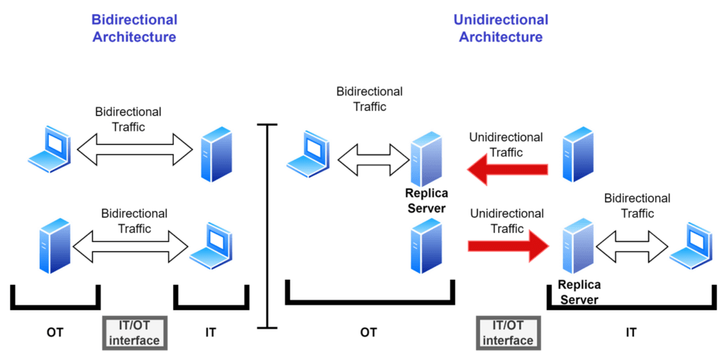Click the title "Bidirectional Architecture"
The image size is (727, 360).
coord(133,28)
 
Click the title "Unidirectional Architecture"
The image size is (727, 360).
coord(501,28)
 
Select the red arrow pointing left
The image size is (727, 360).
coord(507,170)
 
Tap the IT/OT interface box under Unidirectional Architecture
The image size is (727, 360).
coord(507,333)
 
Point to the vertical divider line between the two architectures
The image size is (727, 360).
coord(267,226)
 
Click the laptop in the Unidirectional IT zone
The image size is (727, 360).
coord(691,246)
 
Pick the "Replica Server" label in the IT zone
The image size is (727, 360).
coord(579,292)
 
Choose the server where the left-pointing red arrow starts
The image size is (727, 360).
coord(578,154)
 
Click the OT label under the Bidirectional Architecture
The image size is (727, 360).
coord(55,332)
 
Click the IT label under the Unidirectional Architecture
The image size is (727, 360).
coord(630,332)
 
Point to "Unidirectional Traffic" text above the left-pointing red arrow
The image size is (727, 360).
coord(506,144)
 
